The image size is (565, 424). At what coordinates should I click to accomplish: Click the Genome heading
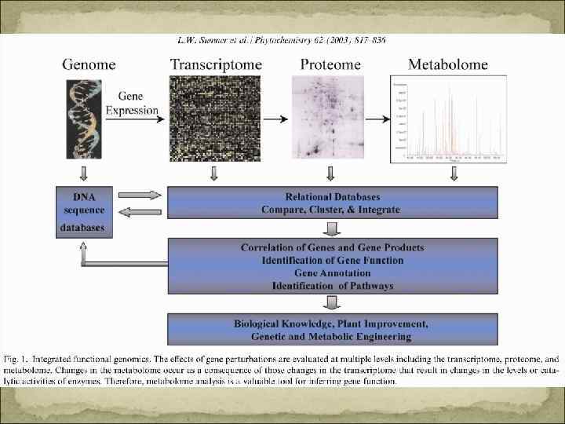89,64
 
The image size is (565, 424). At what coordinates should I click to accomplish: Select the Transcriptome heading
216,64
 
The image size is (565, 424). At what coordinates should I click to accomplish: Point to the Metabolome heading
448,64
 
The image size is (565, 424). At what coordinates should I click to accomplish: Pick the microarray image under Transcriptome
216,119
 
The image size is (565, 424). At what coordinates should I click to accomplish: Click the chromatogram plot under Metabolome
445,119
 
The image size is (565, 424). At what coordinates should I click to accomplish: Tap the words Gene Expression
137,104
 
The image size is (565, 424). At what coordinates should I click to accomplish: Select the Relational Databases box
332,203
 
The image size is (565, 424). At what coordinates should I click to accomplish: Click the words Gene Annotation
332,272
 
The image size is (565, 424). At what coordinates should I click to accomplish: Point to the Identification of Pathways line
332,285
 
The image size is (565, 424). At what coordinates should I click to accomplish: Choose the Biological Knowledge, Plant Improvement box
332,330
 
